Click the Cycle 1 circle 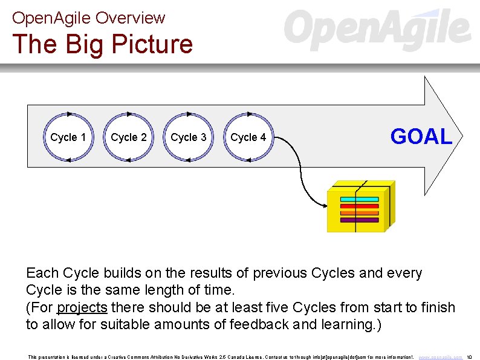[x=68, y=137]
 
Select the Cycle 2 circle [x=128, y=137]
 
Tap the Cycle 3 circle [x=188, y=137]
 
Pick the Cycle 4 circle [x=248, y=137]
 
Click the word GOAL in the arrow [x=421, y=137]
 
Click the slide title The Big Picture [x=102, y=44]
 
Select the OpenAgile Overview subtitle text [x=88, y=18]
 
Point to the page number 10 [x=470, y=357]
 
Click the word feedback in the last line [x=259, y=324]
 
